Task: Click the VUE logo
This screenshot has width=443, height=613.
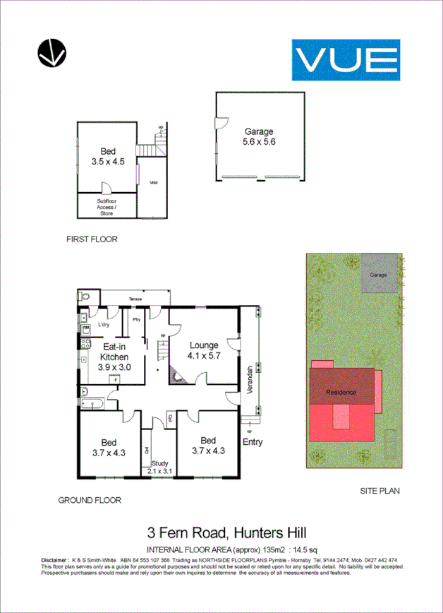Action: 346,60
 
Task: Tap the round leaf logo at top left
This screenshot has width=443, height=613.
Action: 51,54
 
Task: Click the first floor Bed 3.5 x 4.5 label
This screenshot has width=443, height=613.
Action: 108,156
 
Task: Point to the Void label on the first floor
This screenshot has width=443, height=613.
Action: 153,183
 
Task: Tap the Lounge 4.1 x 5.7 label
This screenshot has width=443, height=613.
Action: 205,351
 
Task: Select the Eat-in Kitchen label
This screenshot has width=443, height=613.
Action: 115,353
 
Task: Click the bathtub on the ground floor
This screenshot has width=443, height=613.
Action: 92,403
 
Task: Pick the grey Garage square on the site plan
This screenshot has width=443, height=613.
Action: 380,275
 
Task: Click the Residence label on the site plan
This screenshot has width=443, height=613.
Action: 341,393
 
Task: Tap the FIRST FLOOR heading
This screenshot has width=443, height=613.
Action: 92,239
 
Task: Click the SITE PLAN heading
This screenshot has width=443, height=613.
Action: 380,490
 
